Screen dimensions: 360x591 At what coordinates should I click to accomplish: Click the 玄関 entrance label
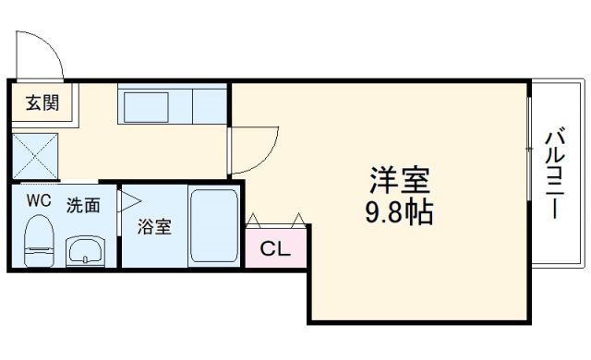(x=42, y=102)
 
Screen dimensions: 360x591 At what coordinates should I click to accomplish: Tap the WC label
(x=37, y=199)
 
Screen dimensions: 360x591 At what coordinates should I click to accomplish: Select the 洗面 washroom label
(x=84, y=205)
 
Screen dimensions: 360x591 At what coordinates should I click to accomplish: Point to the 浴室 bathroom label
(x=154, y=227)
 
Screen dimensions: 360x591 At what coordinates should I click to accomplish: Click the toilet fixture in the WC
(x=38, y=238)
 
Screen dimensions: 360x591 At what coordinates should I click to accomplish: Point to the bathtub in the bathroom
(x=213, y=226)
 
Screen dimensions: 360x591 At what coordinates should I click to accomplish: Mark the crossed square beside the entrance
(x=36, y=154)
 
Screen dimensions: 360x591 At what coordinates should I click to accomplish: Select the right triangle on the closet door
(x=298, y=220)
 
